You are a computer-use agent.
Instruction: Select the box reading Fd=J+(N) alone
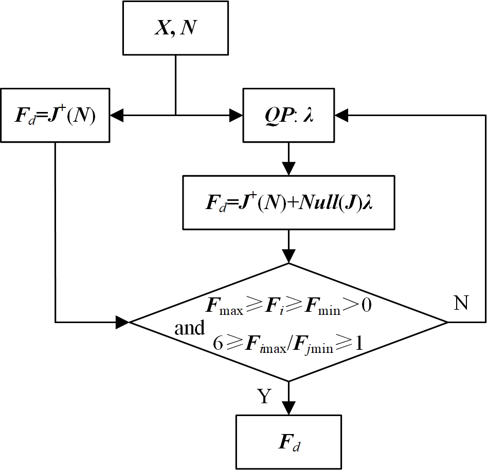pos(55,116)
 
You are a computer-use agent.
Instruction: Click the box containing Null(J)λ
pos(288,202)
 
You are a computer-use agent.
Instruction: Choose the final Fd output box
pos(288,441)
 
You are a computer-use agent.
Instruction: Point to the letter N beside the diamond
pos(461,304)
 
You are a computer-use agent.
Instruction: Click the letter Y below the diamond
pos(264,397)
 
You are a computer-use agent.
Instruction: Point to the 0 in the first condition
pos(366,307)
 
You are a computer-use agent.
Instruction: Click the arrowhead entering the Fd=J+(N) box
pos(117,116)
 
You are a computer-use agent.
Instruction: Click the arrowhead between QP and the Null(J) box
pos(288,168)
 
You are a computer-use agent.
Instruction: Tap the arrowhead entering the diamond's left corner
pos(122,322)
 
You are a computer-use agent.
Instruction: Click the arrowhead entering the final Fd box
pos(288,408)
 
